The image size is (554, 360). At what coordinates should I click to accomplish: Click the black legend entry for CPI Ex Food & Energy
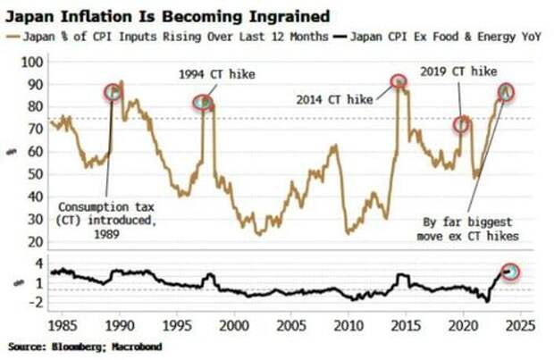[438, 36]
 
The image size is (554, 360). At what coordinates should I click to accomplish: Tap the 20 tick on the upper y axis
[33, 241]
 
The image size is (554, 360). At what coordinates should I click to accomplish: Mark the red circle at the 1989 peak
[113, 91]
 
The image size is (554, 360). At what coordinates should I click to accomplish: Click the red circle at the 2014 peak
[399, 81]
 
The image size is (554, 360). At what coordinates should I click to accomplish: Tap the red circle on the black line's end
[510, 271]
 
